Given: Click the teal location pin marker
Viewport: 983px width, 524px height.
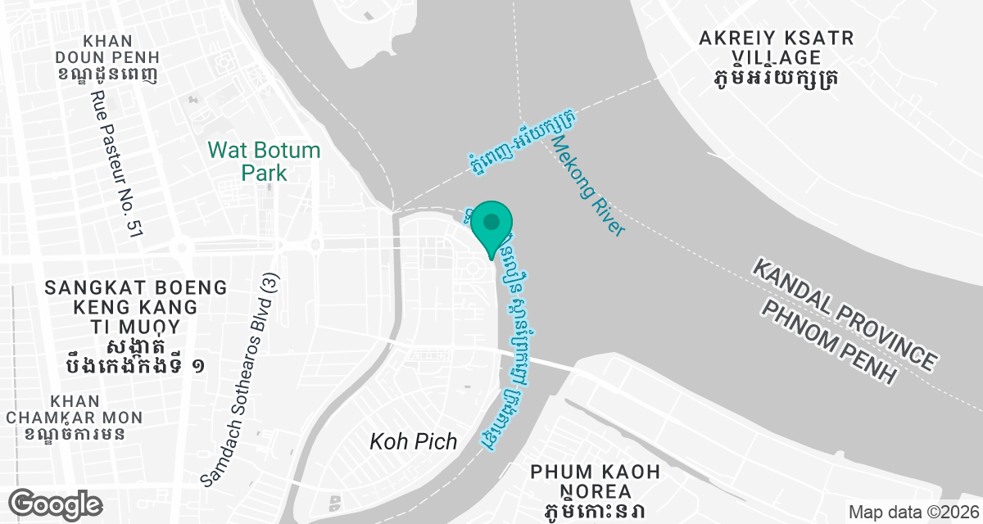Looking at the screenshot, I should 491,226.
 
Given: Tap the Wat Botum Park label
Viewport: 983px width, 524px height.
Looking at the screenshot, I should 264,161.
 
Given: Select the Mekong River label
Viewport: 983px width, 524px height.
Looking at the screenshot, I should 587,187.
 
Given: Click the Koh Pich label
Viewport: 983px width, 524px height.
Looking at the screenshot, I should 407,442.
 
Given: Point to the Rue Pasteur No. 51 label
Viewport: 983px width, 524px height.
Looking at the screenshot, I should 116,164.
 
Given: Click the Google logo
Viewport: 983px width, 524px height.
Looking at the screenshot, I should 57,504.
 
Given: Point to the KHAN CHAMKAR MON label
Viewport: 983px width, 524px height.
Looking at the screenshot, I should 75,409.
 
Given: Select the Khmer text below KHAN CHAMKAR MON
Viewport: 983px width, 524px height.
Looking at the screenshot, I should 75,433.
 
